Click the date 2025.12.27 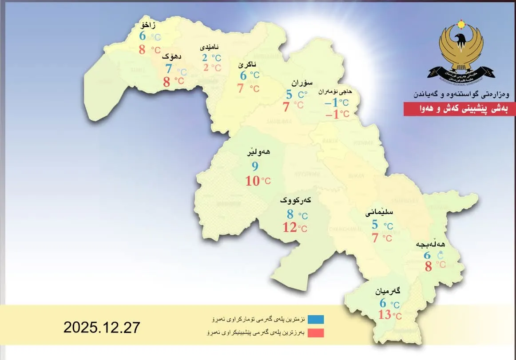click(102, 328)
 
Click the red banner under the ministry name click(460, 109)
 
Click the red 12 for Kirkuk click(290, 228)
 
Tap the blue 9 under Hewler click(255, 166)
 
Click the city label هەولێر click(260, 152)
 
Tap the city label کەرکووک click(295, 201)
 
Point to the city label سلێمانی click(379, 213)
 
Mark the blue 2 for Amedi click(205, 58)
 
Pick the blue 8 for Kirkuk click(290, 214)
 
